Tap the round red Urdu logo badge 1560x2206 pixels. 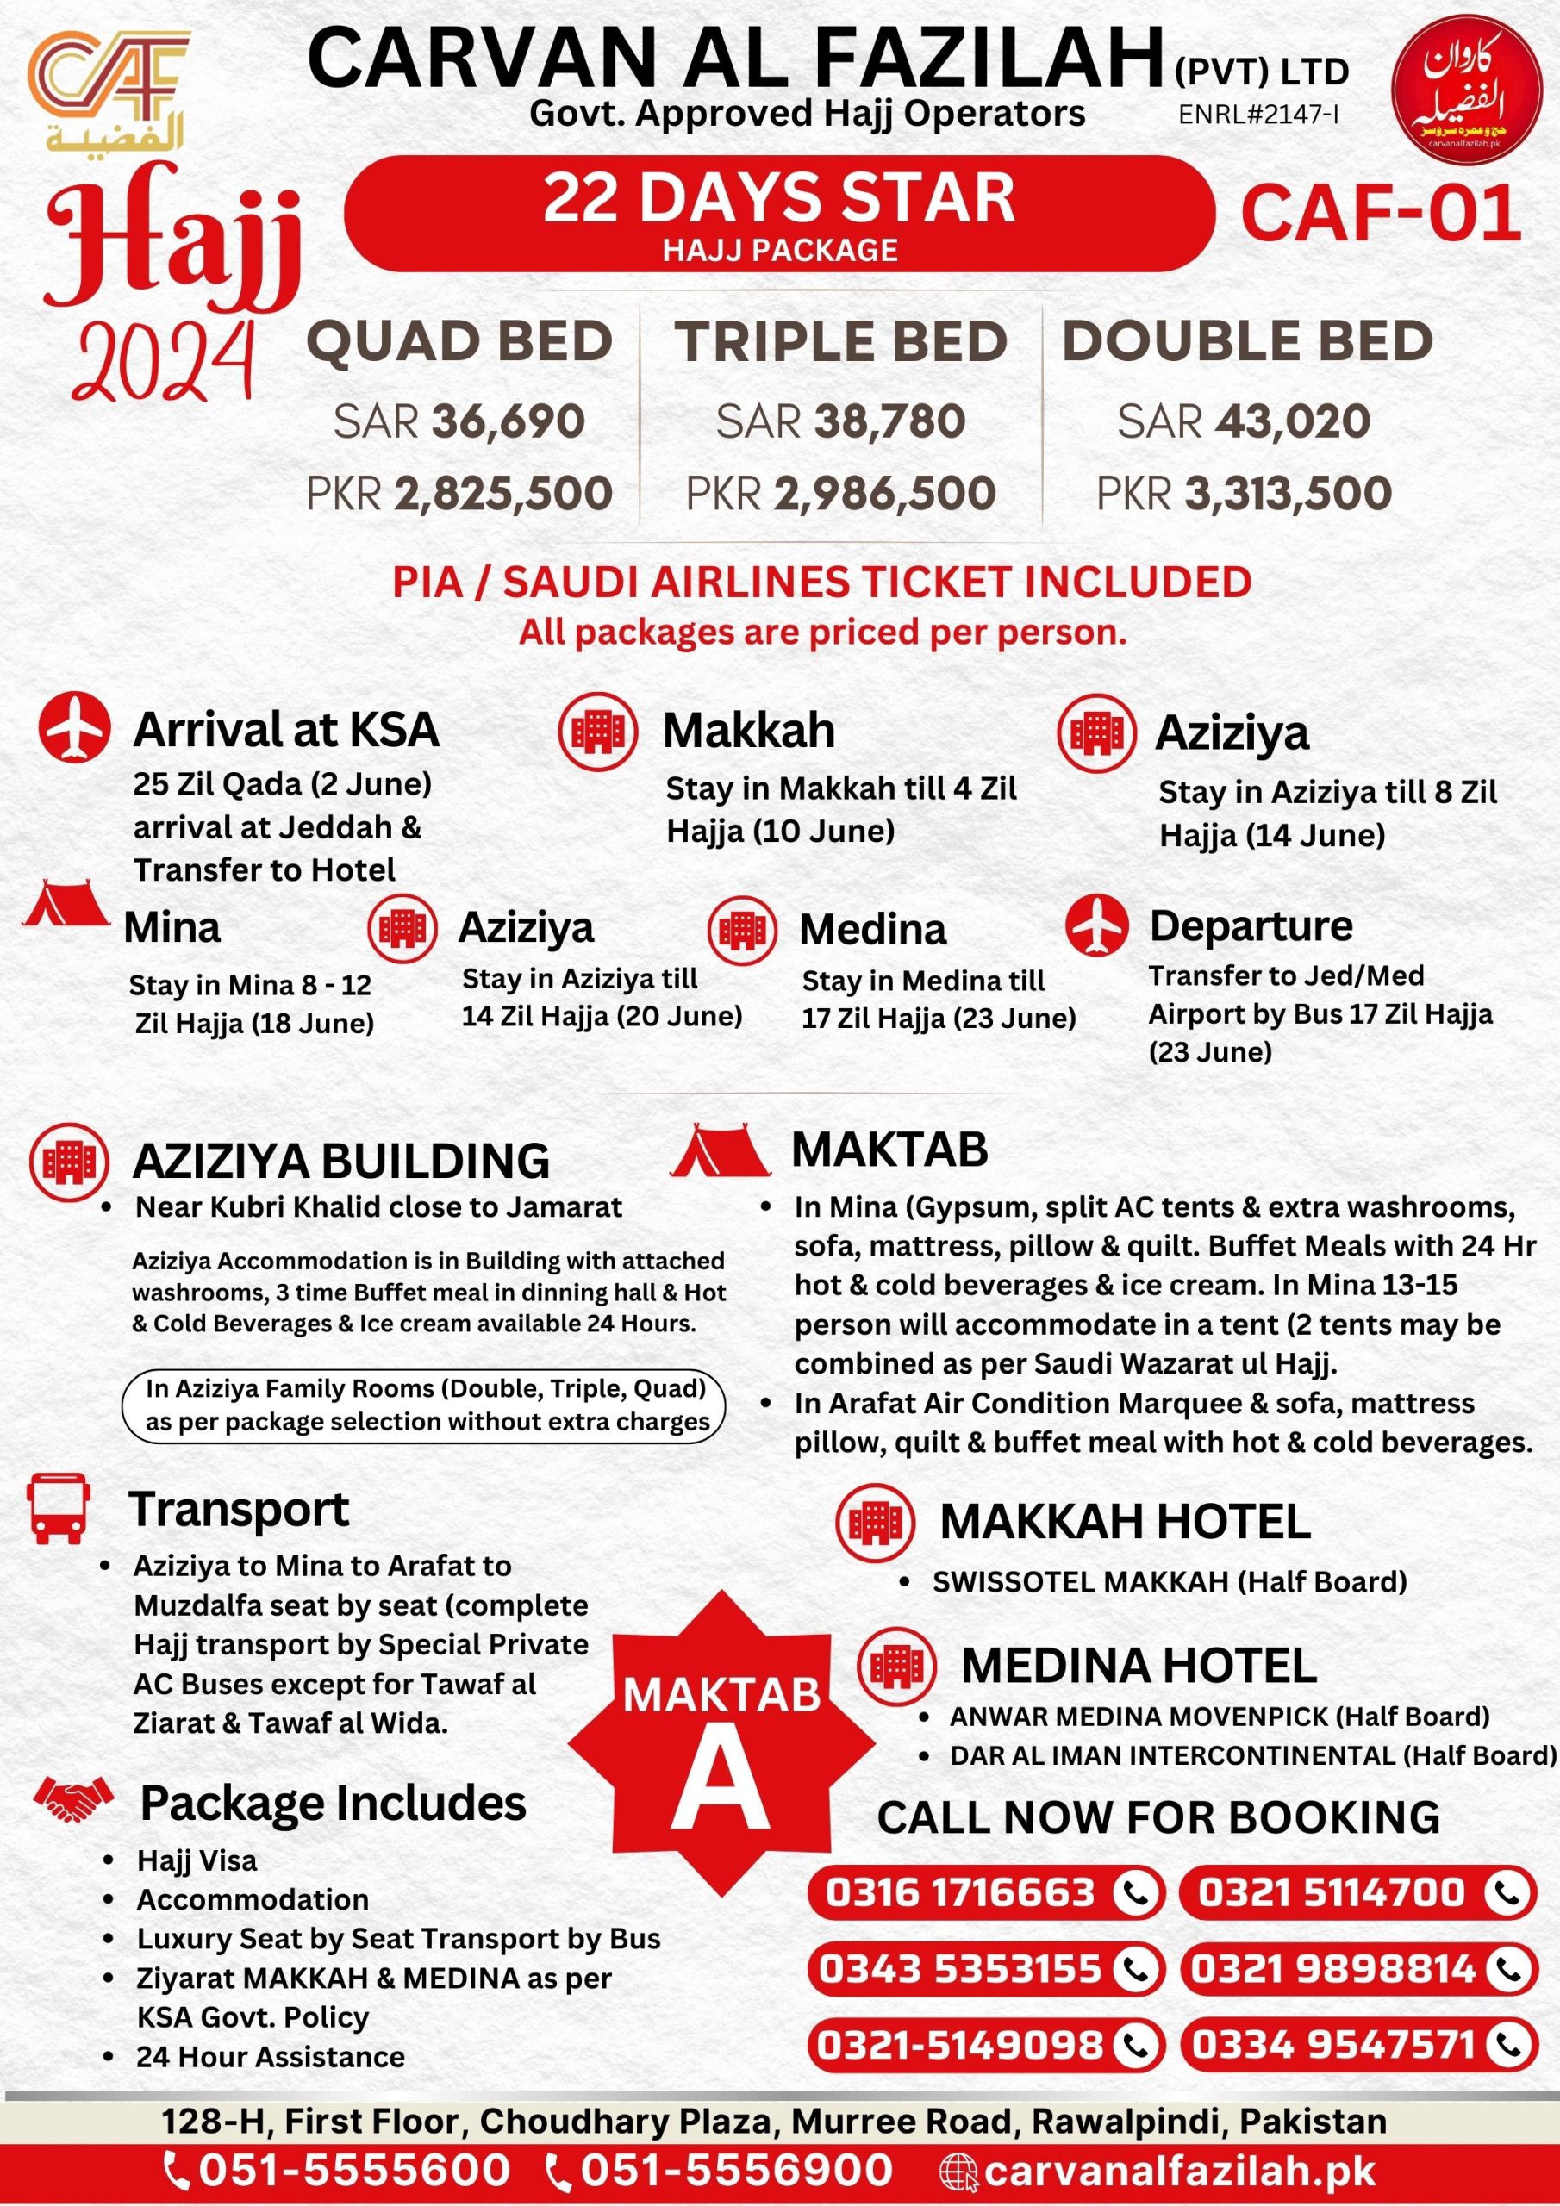[x=1466, y=91]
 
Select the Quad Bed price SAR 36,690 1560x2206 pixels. [x=459, y=421]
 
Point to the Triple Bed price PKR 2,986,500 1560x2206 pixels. [x=840, y=493]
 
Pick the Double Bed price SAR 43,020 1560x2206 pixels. [x=1243, y=421]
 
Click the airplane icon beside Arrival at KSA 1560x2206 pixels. [x=74, y=726]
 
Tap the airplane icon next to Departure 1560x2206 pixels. [x=1095, y=925]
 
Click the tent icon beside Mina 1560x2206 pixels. [x=66, y=904]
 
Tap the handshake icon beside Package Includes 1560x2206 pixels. [x=74, y=1799]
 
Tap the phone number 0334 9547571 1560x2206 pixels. [x=1332, y=2044]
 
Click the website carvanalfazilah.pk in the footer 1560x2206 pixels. [x=1178, y=2170]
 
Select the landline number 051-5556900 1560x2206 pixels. [x=736, y=2170]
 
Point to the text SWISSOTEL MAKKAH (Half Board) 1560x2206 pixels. [x=1169, y=1581]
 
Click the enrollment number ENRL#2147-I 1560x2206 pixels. [x=1258, y=115]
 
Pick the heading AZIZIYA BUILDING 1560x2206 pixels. [x=341, y=1161]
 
